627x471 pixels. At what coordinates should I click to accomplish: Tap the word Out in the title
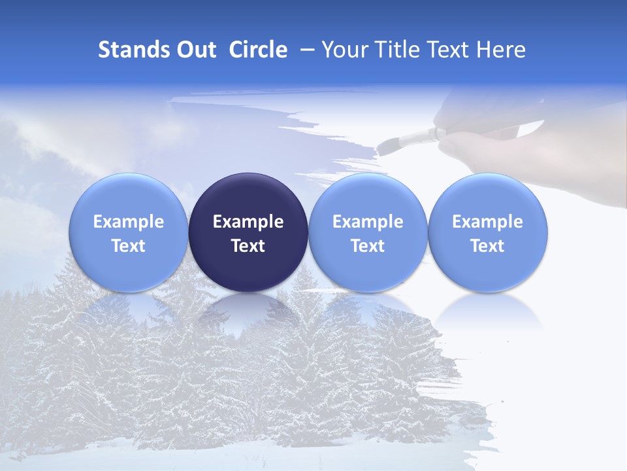pos(195,50)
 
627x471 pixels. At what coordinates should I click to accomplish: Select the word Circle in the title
pos(258,50)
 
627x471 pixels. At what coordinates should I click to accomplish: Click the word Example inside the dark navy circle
pos(248,222)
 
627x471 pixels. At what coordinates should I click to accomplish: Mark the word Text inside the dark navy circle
pos(248,246)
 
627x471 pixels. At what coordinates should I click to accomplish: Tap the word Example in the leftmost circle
pos(129,222)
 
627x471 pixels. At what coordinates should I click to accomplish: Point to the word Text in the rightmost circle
pos(488,246)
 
